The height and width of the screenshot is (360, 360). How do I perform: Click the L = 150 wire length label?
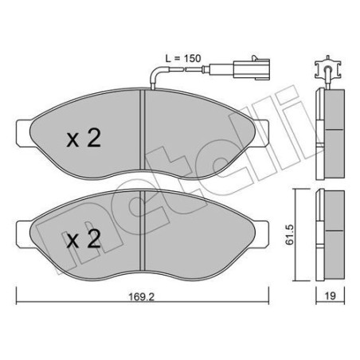183,58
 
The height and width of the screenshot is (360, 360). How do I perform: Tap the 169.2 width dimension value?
142,296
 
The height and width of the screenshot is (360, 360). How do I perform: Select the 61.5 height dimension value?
289,234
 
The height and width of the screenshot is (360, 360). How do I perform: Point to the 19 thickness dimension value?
330,295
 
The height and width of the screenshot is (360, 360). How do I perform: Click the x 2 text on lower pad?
84,239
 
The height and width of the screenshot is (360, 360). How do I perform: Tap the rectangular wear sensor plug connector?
251,68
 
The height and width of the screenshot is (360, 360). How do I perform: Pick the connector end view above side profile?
328,68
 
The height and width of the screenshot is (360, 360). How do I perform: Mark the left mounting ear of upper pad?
24,133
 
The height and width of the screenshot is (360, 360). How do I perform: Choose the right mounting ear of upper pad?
261,133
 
